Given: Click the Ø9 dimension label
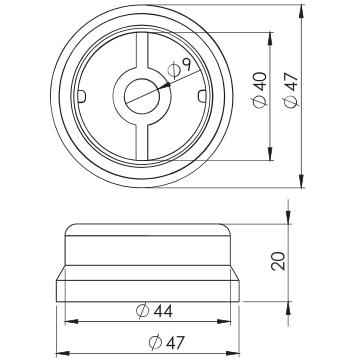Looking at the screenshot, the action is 179,69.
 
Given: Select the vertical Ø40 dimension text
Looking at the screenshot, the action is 260,90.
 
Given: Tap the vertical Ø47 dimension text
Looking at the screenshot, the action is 291,90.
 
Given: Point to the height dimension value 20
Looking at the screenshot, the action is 279,261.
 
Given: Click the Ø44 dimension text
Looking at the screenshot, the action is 155,311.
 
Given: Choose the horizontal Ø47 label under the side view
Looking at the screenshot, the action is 166,342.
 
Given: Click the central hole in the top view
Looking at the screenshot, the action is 142,96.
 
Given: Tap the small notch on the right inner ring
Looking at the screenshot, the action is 201,96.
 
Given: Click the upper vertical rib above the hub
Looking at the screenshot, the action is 142,51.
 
